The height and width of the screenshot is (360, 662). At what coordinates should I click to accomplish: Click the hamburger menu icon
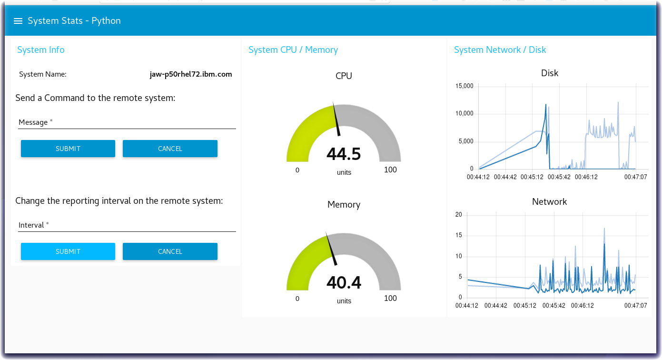18,21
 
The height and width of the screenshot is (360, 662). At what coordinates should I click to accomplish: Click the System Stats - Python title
74,21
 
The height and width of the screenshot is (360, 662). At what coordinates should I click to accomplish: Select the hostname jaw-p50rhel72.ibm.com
190,74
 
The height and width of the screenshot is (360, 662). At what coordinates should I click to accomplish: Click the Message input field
127,122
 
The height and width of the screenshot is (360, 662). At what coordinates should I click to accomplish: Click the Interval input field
127,225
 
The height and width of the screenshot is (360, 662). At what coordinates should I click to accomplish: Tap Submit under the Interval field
68,251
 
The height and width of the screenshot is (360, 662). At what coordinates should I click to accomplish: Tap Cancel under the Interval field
170,251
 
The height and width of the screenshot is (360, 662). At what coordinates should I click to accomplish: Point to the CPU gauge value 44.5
344,154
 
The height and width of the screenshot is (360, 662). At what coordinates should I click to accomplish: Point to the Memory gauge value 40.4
344,283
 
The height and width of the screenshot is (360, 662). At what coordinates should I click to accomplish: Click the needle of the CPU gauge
336,119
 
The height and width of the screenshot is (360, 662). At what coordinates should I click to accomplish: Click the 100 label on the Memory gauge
390,299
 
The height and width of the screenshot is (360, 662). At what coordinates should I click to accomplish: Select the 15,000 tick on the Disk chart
464,86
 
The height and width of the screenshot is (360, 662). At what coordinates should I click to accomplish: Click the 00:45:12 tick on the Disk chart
532,177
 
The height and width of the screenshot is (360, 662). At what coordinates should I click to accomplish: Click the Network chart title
549,202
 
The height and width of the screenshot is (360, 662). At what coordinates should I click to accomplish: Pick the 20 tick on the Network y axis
459,215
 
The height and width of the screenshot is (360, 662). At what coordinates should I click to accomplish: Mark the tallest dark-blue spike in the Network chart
604,245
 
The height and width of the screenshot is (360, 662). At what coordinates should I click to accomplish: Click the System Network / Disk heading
500,50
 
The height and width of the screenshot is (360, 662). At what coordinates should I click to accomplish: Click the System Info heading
40,50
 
